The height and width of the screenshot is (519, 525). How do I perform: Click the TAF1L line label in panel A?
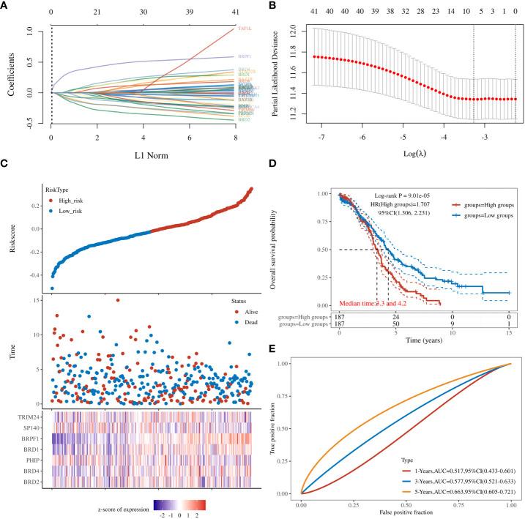tap(245, 27)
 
